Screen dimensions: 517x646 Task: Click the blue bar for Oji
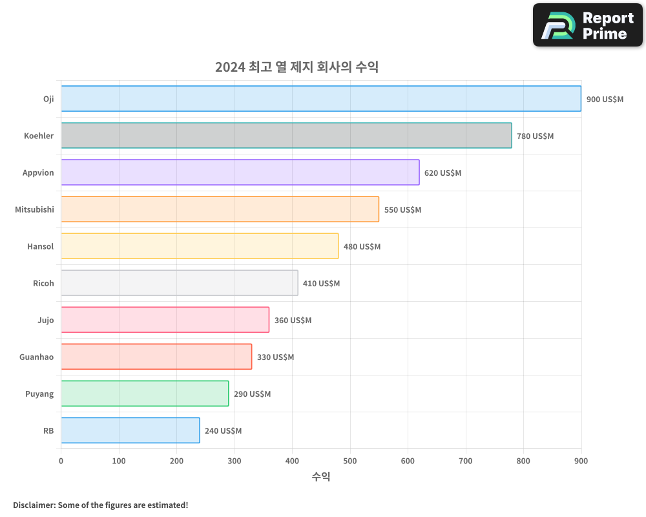(x=321, y=99)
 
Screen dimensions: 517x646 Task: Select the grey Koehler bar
(x=286, y=136)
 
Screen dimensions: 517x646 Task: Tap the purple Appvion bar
(x=240, y=173)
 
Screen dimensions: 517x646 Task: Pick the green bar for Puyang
(x=145, y=394)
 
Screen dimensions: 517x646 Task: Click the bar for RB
(x=130, y=430)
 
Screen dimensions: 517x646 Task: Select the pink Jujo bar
(x=165, y=320)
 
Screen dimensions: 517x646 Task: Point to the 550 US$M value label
(x=402, y=210)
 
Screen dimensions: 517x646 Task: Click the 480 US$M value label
(x=362, y=247)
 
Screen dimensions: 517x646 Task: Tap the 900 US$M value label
(x=605, y=100)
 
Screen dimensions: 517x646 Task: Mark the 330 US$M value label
(x=275, y=357)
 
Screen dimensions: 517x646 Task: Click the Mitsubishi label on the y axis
(x=34, y=209)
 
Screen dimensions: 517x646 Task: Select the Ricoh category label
(x=43, y=283)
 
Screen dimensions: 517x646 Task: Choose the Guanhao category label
(x=37, y=357)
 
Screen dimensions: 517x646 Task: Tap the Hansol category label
(x=40, y=246)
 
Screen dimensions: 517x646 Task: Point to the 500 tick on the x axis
(x=350, y=461)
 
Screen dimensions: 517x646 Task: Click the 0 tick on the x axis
(x=61, y=461)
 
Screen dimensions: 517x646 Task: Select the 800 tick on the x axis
(x=523, y=461)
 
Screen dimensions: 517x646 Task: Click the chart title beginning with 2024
(x=297, y=67)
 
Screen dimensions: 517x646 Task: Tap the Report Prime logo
(x=587, y=25)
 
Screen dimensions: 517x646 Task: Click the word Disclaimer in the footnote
(x=34, y=505)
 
